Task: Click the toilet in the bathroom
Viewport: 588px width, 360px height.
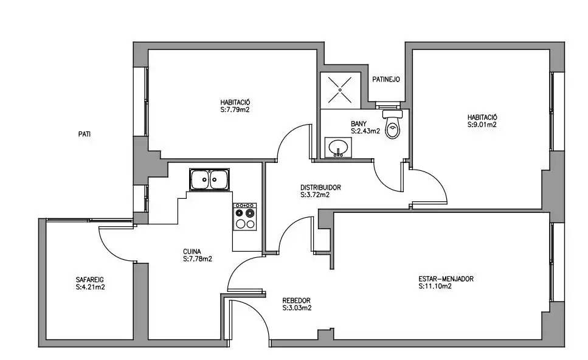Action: click(x=393, y=124)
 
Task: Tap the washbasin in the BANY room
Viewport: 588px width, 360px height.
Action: click(x=339, y=147)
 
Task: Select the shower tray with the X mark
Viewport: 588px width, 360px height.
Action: click(x=340, y=90)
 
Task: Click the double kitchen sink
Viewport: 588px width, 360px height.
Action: click(x=209, y=179)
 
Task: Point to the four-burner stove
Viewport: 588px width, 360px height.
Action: click(x=245, y=216)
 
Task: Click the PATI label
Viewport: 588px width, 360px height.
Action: click(x=85, y=134)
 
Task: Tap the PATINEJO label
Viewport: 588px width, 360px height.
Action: click(x=386, y=79)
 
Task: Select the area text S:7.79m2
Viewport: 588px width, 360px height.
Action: click(x=235, y=110)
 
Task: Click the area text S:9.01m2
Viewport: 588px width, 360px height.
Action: click(x=482, y=125)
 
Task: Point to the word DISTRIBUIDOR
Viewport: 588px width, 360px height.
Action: click(x=320, y=187)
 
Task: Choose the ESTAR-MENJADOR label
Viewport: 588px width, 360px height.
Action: click(x=446, y=279)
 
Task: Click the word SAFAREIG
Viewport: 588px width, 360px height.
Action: click(x=89, y=280)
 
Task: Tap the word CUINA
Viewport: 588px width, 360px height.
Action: click(x=192, y=251)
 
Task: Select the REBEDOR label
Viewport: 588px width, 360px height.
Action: click(x=296, y=300)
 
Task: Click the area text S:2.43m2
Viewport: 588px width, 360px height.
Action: click(x=365, y=131)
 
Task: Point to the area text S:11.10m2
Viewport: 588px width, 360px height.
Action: click(x=435, y=286)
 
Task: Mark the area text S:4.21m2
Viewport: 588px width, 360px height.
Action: click(x=90, y=287)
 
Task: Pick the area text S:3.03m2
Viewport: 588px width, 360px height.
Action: click(x=297, y=308)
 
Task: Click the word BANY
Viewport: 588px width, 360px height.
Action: click(x=359, y=124)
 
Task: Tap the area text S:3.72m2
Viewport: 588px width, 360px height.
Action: click(x=315, y=195)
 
